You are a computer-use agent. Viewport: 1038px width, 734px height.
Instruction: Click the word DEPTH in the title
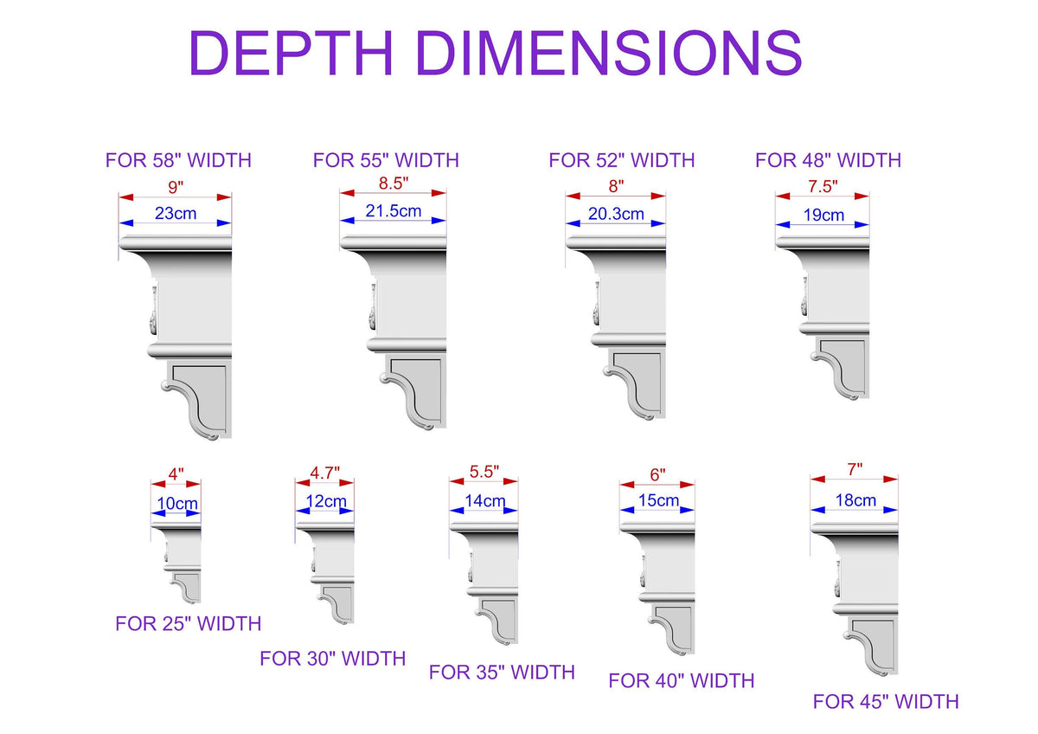pos(292,53)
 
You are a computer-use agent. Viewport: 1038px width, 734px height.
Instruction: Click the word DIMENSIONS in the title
pos(610,53)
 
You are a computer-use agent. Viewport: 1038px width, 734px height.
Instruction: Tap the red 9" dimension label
pos(176,187)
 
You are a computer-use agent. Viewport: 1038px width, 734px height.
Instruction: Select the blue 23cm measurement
pos(176,213)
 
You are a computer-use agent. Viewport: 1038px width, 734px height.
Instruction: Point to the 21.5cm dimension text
pos(394,211)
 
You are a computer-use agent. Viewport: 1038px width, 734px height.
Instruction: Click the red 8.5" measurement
pos(394,183)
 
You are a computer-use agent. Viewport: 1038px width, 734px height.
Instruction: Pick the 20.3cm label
pos(616,214)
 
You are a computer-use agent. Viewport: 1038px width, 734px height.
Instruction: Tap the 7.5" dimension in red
pos(823,186)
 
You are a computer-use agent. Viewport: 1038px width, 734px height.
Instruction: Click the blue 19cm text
pos(823,216)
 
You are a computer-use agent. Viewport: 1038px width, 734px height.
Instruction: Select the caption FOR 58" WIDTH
pos(178,160)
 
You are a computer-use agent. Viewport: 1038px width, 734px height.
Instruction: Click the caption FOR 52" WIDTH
pos(621,160)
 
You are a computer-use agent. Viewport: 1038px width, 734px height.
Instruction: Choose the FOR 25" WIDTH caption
pos(189,624)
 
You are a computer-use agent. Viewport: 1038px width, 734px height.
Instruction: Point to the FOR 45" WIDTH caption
pos(886,702)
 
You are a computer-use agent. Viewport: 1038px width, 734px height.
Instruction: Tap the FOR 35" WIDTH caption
pos(502,673)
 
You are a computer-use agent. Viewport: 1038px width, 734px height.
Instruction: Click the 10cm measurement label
pos(177,504)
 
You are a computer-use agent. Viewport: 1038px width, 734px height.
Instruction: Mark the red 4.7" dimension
pos(325,473)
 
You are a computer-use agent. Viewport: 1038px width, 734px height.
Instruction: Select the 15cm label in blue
pos(658,500)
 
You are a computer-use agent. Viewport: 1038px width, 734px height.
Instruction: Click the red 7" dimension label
pos(855,470)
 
